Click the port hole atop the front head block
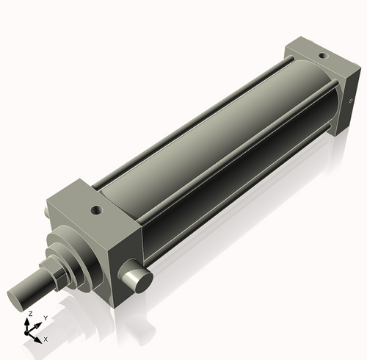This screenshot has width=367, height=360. (95, 210)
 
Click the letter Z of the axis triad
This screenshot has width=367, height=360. (29, 314)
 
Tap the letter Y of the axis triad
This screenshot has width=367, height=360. (46, 317)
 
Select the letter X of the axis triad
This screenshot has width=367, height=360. (46, 339)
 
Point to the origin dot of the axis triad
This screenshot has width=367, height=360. (30, 331)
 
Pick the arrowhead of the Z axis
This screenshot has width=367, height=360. (29, 320)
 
